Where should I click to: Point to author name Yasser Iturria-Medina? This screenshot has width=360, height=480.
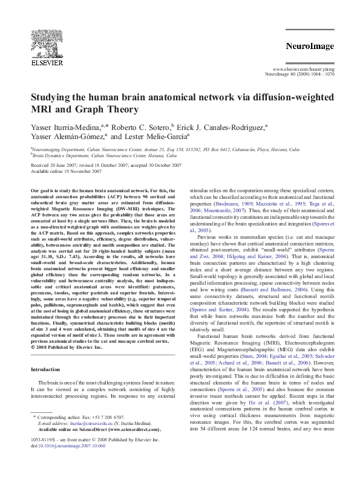[66, 127]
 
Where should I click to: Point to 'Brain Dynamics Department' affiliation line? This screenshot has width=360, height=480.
[60, 155]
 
